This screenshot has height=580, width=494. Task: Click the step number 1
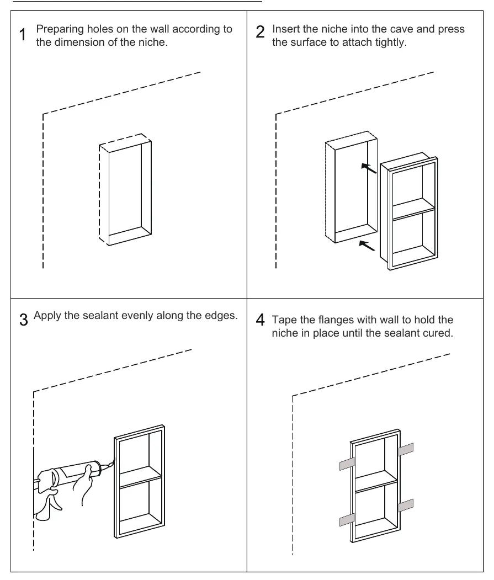click(x=23, y=34)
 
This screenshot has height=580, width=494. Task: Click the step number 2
click(x=261, y=32)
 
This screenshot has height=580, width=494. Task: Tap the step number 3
click(x=24, y=320)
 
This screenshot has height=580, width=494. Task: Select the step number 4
click(x=260, y=320)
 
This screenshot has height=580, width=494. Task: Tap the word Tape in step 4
click(x=283, y=320)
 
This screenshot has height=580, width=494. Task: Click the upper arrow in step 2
click(x=369, y=168)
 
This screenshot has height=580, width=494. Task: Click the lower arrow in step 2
click(x=367, y=245)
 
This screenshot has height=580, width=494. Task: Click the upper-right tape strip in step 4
click(x=406, y=449)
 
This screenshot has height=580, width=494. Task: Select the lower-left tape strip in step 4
click(x=347, y=520)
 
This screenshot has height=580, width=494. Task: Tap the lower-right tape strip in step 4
click(x=406, y=505)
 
